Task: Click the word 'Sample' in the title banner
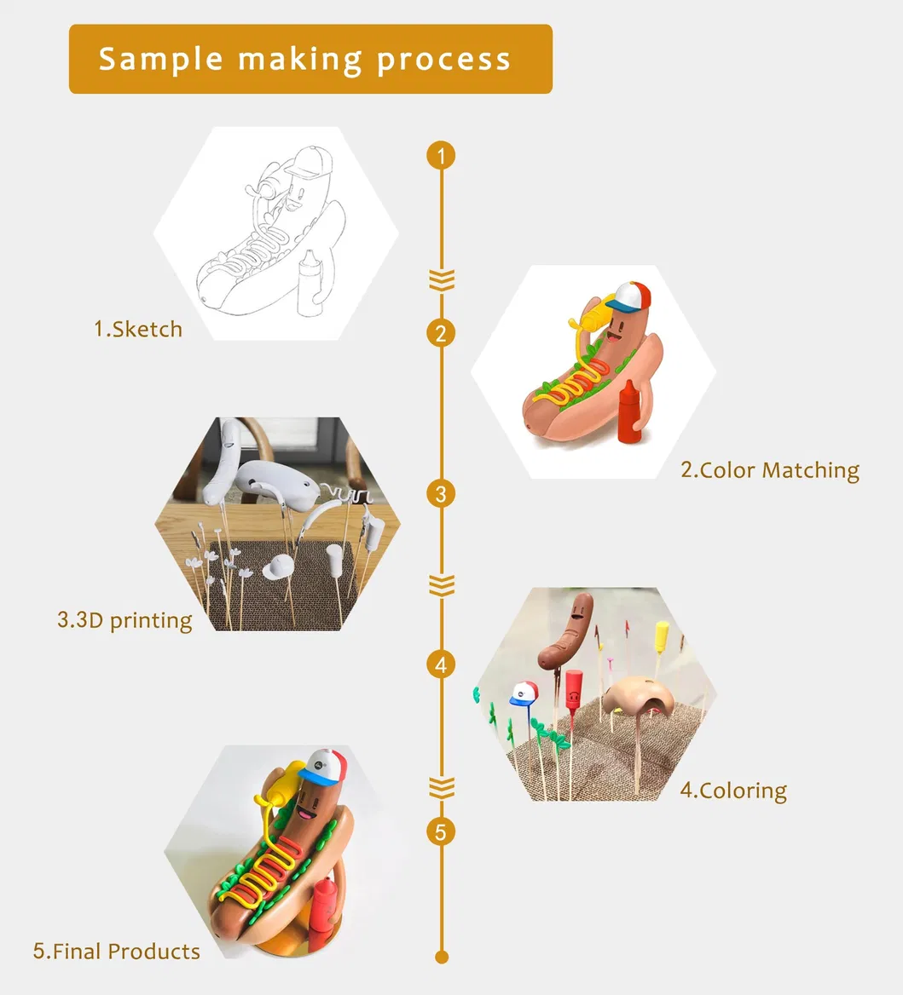click(x=160, y=59)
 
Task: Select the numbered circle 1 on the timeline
click(x=442, y=155)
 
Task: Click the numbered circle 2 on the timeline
click(x=442, y=333)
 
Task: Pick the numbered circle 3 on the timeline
click(x=442, y=494)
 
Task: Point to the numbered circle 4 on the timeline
click(x=442, y=665)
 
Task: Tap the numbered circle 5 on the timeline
click(x=442, y=831)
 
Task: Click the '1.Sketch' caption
click(x=138, y=330)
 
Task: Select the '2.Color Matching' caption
click(x=770, y=470)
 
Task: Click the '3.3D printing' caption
click(x=124, y=620)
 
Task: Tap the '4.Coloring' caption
click(x=733, y=791)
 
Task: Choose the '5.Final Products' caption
click(x=117, y=952)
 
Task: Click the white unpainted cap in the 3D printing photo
click(x=280, y=567)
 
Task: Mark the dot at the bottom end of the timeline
click(x=442, y=957)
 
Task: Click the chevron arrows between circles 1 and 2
click(x=442, y=279)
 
